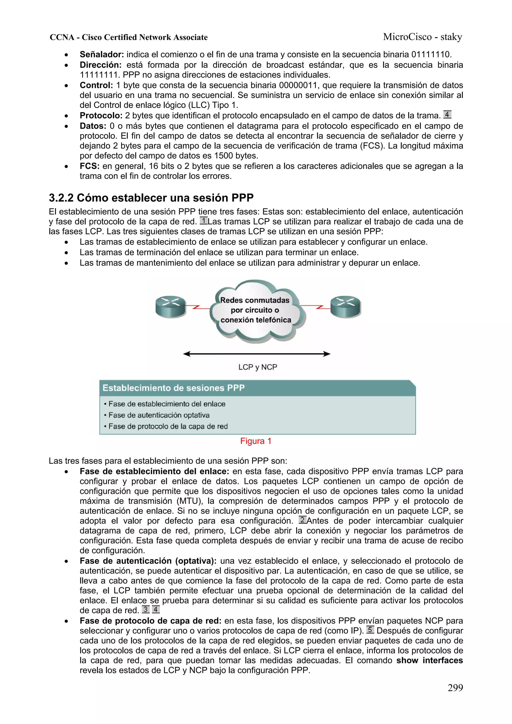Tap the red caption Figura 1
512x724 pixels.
point(255,441)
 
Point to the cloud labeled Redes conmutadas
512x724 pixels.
point(255,311)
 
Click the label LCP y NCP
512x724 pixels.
point(257,367)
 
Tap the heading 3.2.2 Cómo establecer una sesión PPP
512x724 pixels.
point(151,198)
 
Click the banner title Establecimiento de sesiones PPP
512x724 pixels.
point(173,388)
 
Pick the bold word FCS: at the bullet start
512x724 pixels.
point(89,166)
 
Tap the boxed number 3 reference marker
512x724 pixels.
point(145,610)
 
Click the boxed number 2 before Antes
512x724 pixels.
point(302,520)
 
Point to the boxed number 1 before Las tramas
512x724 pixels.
point(203,221)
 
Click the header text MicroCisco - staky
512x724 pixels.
point(422,37)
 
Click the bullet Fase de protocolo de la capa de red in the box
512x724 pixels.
point(168,426)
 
